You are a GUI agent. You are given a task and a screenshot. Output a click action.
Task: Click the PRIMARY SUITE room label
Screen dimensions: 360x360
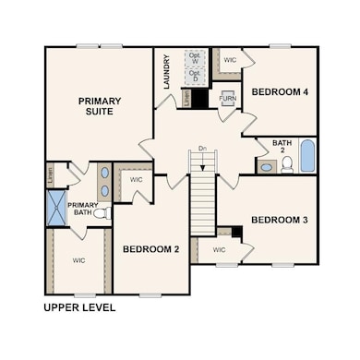[100, 106]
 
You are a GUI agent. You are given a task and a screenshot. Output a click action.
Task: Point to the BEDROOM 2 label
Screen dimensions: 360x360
[150, 249]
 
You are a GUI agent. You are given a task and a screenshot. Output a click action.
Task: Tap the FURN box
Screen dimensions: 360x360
[227, 96]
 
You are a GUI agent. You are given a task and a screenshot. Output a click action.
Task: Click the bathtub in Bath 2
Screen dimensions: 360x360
[307, 159]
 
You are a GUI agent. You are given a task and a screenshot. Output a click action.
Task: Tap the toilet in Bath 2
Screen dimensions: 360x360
[287, 164]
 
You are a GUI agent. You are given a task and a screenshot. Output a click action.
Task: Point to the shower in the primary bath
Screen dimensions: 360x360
[55, 207]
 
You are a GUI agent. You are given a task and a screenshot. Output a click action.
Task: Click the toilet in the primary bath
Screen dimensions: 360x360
[101, 213]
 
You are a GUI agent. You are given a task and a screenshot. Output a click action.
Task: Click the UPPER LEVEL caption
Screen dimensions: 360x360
[80, 307]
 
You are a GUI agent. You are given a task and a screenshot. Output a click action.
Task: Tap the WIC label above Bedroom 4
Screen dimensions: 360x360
[230, 59]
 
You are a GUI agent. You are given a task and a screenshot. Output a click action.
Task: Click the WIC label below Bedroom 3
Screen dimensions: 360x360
[219, 250]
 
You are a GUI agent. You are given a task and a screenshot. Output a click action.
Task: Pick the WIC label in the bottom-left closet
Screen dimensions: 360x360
[78, 261]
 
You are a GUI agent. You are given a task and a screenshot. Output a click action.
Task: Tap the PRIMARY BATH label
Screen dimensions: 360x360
[82, 209]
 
